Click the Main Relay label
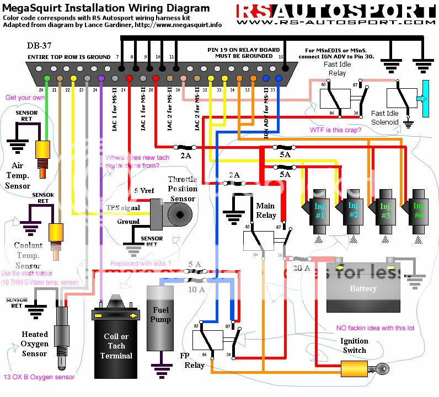[265, 211]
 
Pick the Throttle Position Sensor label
[183, 189]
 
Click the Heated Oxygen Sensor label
[35, 344]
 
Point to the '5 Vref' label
[144, 191]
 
